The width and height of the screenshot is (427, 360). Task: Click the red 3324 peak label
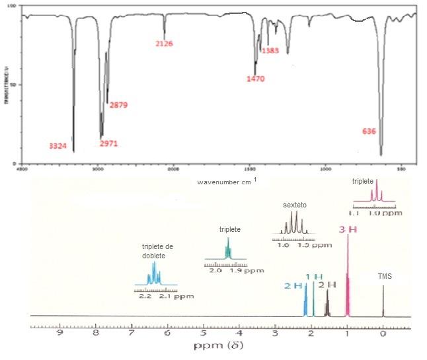pyautogui.click(x=58, y=145)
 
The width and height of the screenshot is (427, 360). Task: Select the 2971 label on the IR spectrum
pyautogui.click(x=108, y=143)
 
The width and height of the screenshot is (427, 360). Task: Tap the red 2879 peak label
pyautogui.click(x=118, y=105)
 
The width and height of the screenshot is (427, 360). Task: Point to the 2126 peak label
pyautogui.click(x=164, y=44)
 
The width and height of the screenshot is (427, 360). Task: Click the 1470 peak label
pyautogui.click(x=255, y=79)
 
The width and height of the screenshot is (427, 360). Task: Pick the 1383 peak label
pyautogui.click(x=270, y=51)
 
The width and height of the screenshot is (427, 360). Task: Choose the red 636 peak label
pyautogui.click(x=369, y=131)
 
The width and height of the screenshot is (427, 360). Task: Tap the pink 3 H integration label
pyautogui.click(x=348, y=230)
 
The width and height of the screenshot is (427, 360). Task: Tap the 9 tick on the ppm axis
pyautogui.click(x=60, y=334)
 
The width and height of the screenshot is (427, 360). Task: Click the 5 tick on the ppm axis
pyautogui.click(x=204, y=334)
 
